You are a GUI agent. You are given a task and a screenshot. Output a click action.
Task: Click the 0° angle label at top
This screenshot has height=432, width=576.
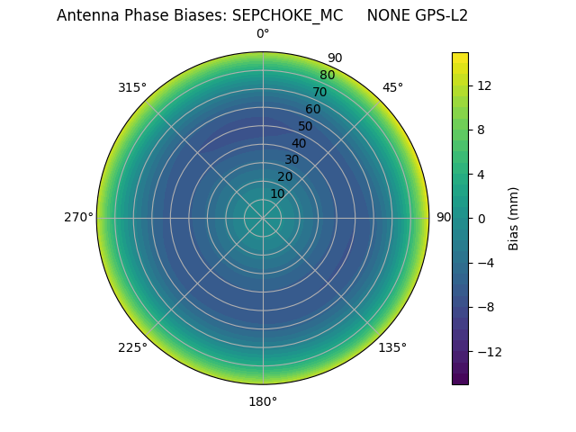pyautogui.click(x=263, y=34)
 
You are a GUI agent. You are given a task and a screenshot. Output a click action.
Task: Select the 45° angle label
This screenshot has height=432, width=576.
pyautogui.click(x=392, y=87)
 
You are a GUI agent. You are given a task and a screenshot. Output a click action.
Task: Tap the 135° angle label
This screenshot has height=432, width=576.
pyautogui.click(x=392, y=347)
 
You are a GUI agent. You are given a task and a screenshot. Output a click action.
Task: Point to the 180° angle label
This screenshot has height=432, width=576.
pyautogui.click(x=263, y=401)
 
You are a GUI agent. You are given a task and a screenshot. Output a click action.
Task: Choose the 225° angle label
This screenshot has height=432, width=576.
pyautogui.click(x=132, y=347)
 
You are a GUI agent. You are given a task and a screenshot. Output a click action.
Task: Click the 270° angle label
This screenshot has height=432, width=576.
pyautogui.click(x=78, y=218)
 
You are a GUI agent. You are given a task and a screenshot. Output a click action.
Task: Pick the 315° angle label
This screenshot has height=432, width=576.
pyautogui.click(x=132, y=87)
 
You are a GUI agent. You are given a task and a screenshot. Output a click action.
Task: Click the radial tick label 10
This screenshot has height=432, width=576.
pyautogui.click(x=277, y=193)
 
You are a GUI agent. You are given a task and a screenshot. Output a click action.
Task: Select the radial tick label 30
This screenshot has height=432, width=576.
pyautogui.click(x=292, y=159)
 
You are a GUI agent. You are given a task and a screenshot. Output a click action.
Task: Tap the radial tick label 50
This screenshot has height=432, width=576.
pyautogui.click(x=306, y=126)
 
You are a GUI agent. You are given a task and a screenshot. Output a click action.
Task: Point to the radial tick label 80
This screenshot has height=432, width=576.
pyautogui.click(x=327, y=75)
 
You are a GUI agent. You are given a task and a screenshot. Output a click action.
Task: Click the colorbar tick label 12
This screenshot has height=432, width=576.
pyautogui.click(x=483, y=85)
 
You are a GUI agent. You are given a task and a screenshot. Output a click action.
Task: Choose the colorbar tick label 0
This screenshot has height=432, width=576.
pyautogui.click(x=480, y=219)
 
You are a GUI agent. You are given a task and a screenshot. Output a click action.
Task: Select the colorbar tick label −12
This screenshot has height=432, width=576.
pyautogui.click(x=488, y=352)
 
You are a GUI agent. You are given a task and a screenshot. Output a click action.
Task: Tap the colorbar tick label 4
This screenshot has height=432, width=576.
pyautogui.click(x=480, y=174)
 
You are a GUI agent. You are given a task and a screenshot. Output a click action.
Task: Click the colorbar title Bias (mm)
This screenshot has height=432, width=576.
pyautogui.click(x=514, y=219)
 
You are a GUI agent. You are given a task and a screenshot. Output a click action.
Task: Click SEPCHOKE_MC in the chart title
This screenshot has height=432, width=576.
pyautogui.click(x=287, y=15)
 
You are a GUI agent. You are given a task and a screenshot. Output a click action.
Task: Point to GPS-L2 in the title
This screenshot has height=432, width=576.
pyautogui.click(x=440, y=15)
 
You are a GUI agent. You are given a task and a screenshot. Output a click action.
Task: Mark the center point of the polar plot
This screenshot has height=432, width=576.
pyautogui.click(x=263, y=218)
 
